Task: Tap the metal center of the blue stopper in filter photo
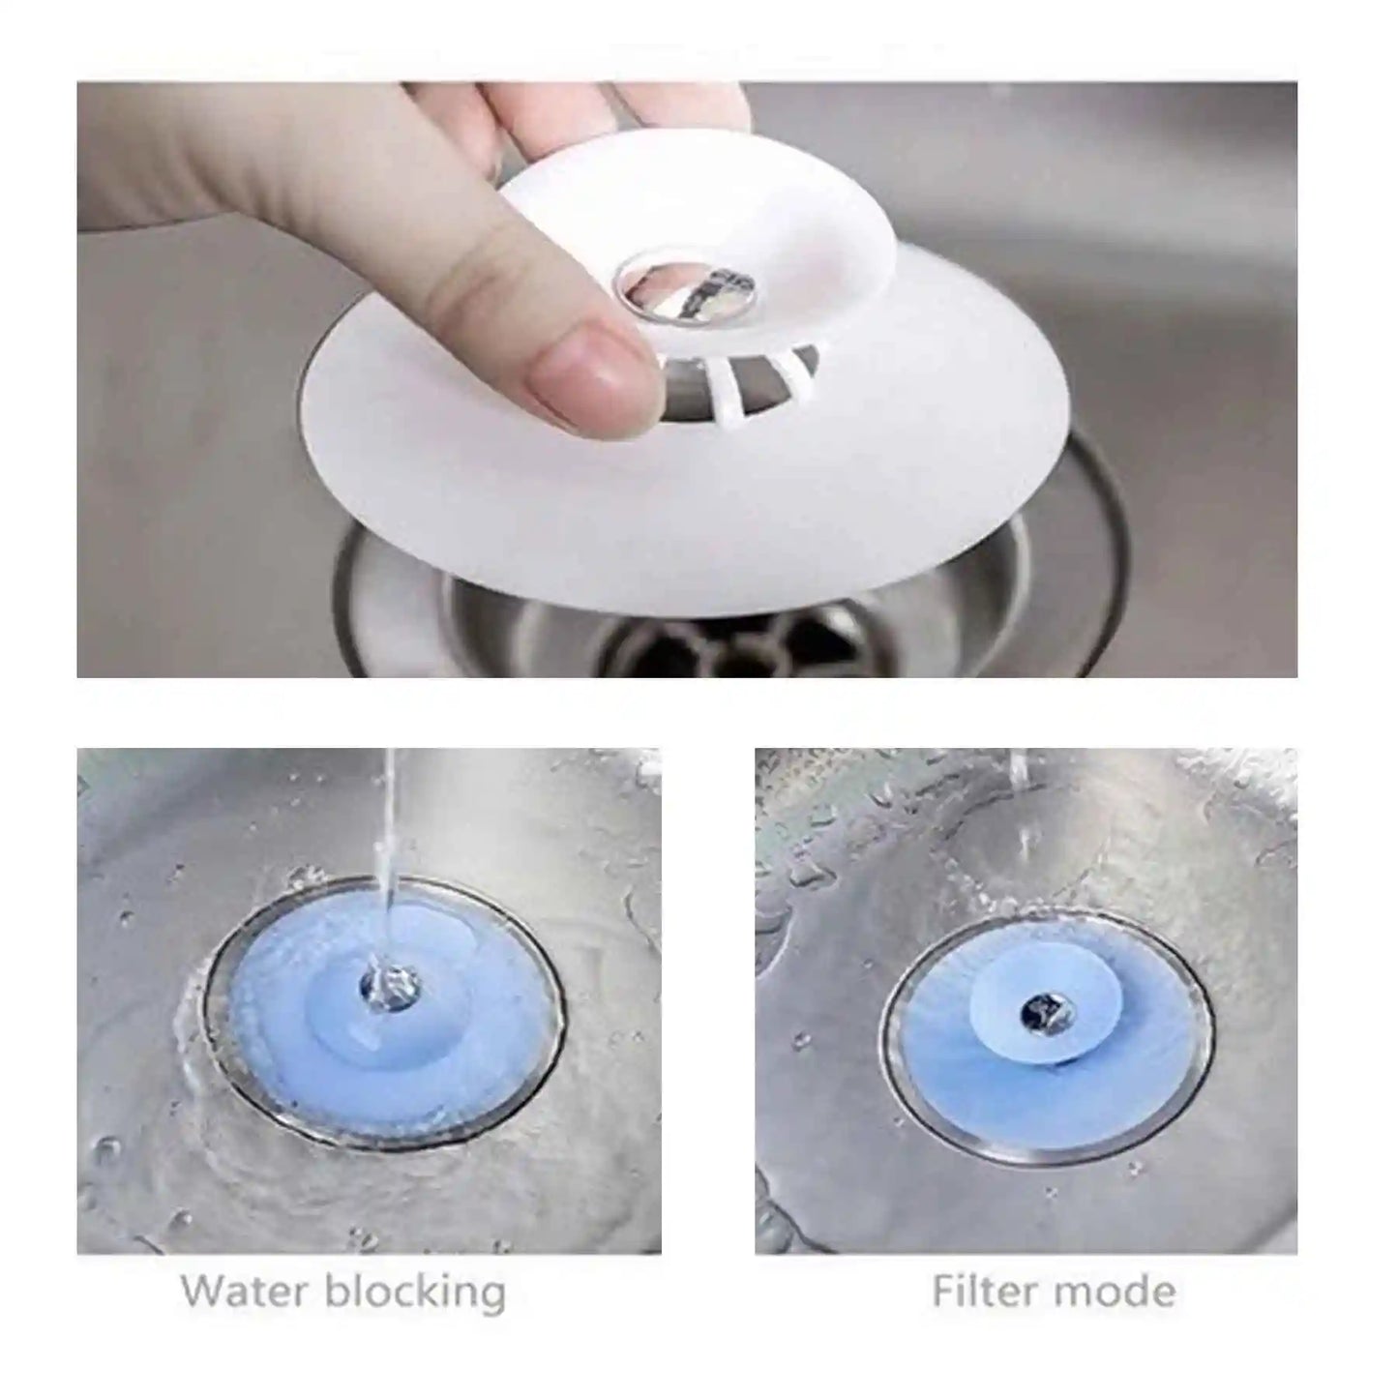click(x=1043, y=1013)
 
